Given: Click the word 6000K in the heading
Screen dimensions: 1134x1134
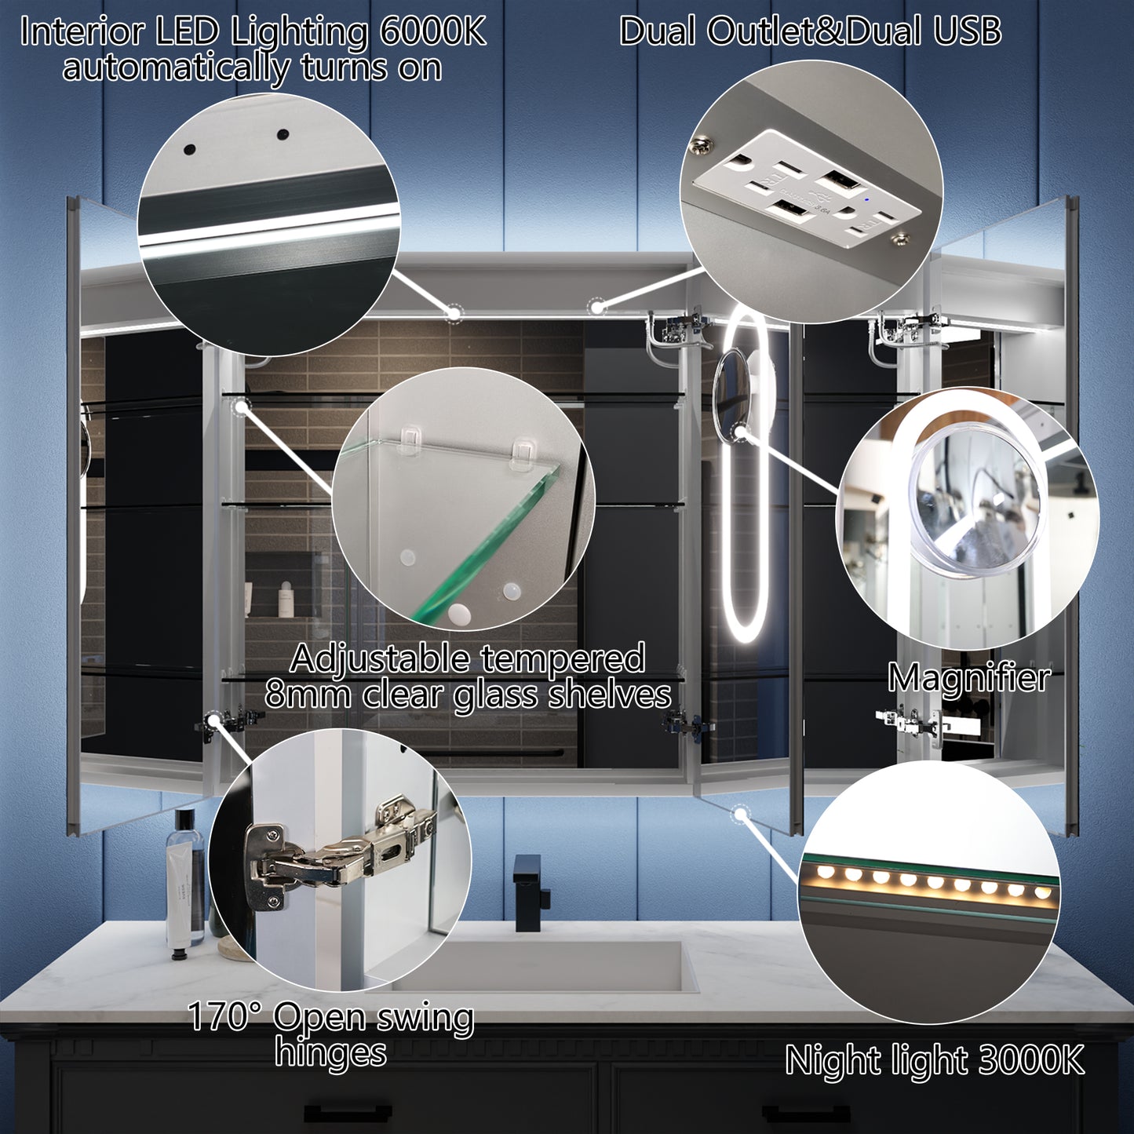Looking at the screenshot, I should [x=432, y=33].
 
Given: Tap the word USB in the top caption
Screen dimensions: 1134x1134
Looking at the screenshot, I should [x=967, y=32].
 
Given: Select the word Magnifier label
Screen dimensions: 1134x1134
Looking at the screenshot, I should [x=968, y=677].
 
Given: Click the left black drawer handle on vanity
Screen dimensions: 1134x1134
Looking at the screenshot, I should [x=348, y=1112].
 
